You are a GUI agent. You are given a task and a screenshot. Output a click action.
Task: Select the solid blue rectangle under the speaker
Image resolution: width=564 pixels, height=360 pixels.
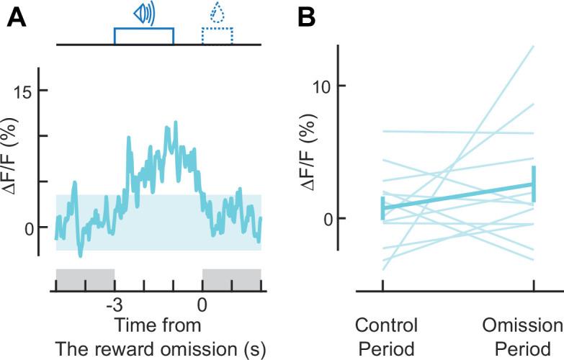click(x=144, y=37)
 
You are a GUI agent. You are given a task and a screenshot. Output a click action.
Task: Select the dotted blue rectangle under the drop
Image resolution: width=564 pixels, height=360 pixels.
click(x=217, y=37)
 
